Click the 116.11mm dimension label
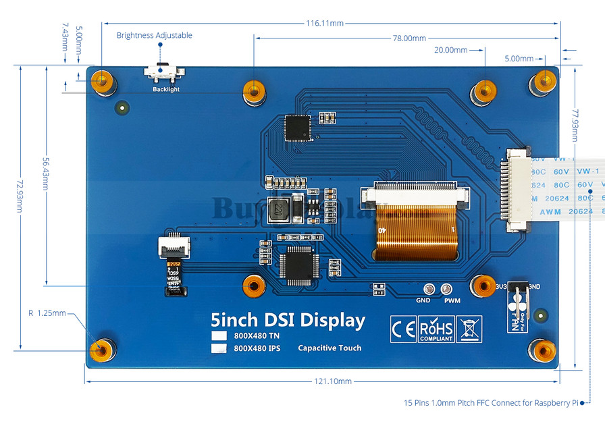(x=325, y=23)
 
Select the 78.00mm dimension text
(x=409, y=38)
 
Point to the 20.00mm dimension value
(x=450, y=50)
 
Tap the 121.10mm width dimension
(x=333, y=381)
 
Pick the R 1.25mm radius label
(x=47, y=313)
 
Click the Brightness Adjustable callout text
(x=154, y=35)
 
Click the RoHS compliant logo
(x=436, y=329)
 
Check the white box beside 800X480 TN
(x=218, y=336)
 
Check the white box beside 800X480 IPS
(x=218, y=348)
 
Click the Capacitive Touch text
(x=330, y=348)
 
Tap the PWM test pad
(x=446, y=289)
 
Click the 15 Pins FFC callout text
(x=491, y=403)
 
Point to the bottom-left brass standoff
(x=101, y=350)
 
